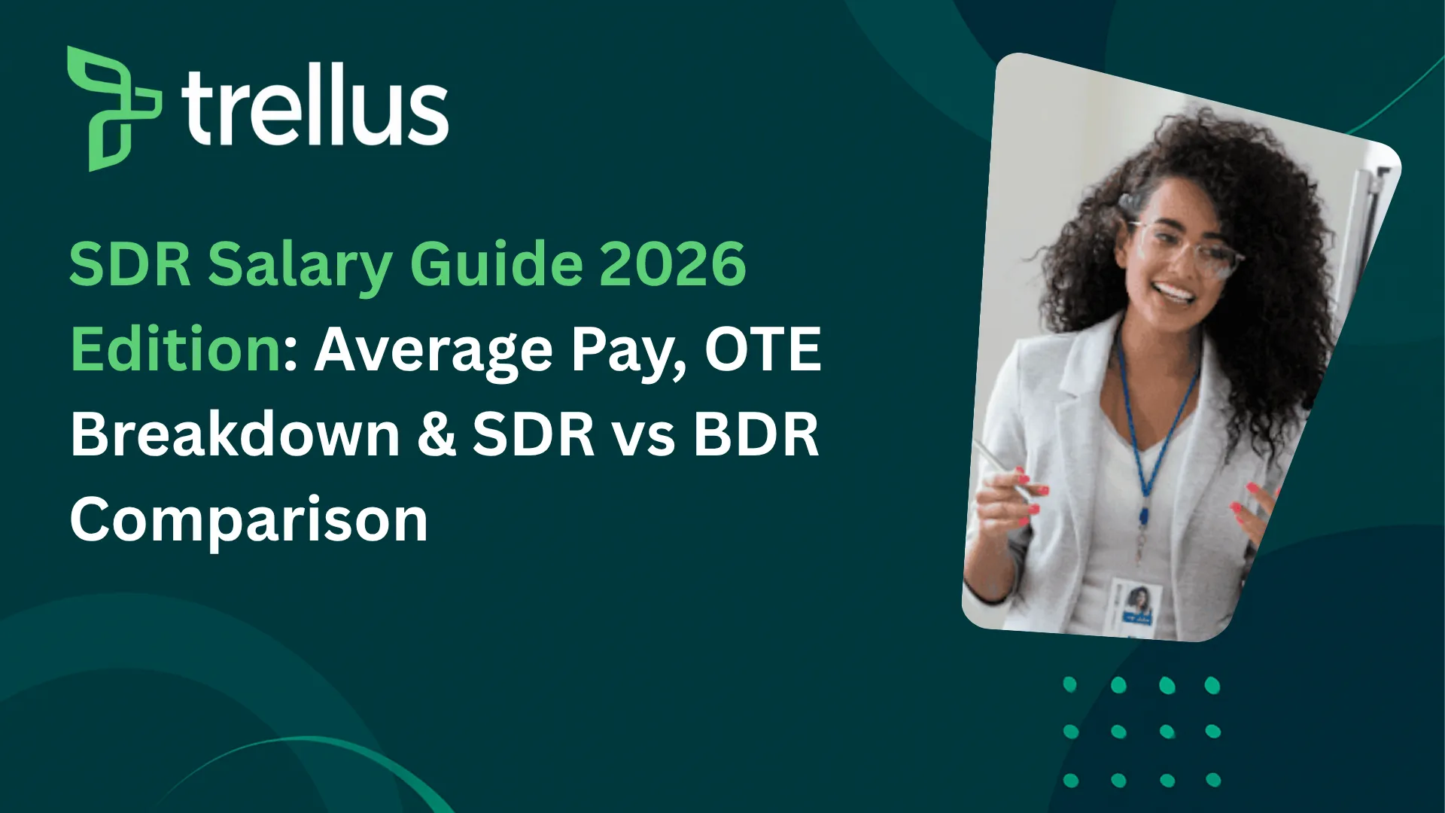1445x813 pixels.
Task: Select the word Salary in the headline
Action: pos(300,266)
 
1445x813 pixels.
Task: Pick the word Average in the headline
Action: pos(433,351)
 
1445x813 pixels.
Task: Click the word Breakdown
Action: pos(235,434)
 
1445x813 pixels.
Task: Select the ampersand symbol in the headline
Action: pos(437,434)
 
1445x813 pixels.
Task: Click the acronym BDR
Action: pos(756,434)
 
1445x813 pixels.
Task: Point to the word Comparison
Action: pos(249,520)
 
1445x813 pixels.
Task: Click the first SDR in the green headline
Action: pos(129,264)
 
